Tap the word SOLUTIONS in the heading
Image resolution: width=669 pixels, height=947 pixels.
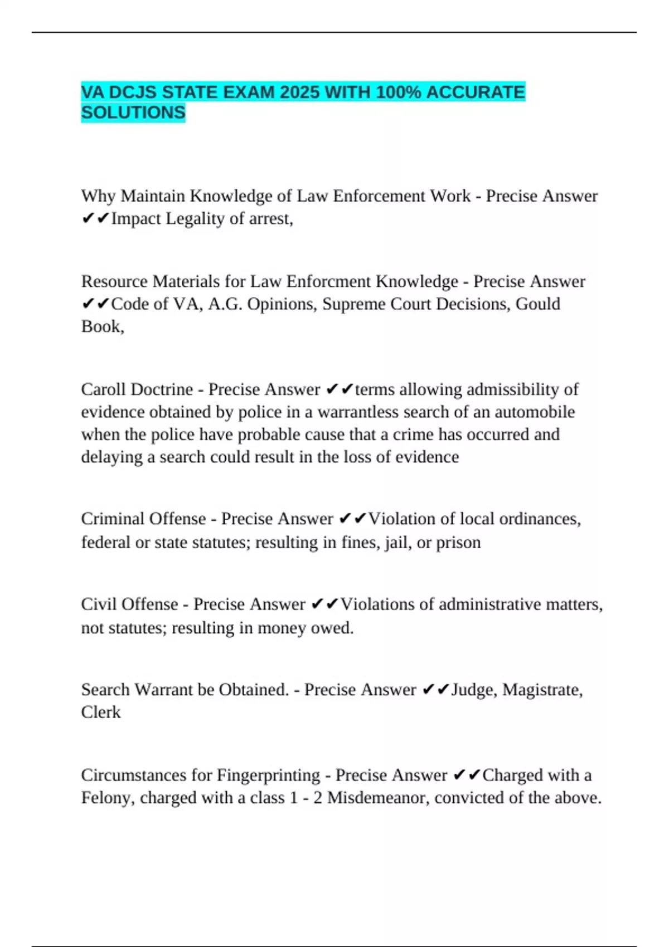[x=133, y=113]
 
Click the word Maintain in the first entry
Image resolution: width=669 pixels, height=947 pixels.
[x=153, y=196]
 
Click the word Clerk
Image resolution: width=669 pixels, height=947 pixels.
[x=101, y=712]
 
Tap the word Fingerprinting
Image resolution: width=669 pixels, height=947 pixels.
[x=268, y=775]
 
